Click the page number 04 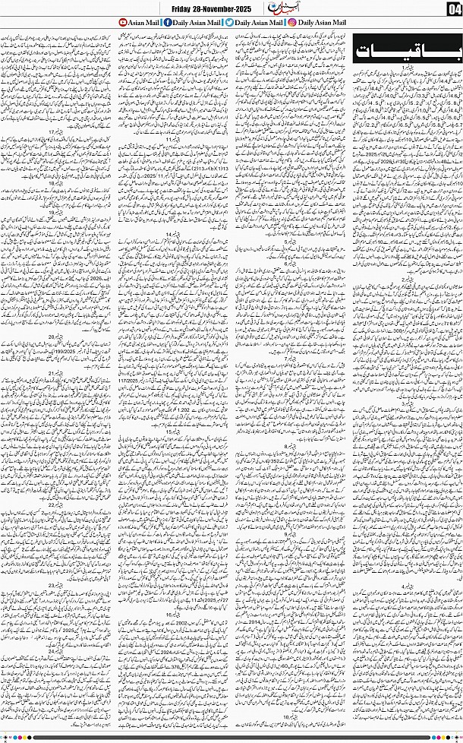tap(453, 9)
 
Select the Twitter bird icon tap(228, 23)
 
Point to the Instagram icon tap(292, 23)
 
